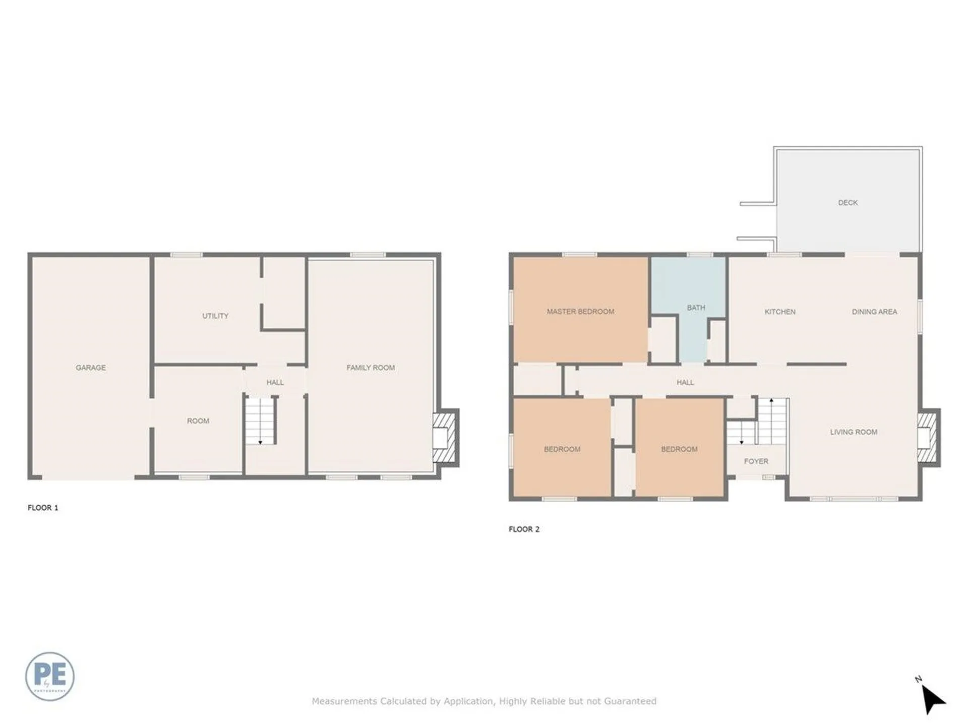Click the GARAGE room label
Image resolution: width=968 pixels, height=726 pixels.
[91, 368]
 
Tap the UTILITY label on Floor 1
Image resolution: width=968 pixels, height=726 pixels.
[215, 316]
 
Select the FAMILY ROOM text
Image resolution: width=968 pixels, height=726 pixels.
[371, 368]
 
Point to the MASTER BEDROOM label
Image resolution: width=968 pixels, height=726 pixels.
[580, 312]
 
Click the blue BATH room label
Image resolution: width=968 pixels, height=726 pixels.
[696, 308]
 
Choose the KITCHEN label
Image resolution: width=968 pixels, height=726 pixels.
[780, 312]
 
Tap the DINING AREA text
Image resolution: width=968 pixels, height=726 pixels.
[874, 312]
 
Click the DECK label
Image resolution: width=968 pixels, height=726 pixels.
[848, 203]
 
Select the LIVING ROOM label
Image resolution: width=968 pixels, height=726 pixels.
[854, 432]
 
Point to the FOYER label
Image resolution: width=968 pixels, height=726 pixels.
[756, 461]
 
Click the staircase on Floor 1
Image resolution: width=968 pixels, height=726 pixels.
[261, 420]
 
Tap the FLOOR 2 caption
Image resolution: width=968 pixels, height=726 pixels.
[524, 529]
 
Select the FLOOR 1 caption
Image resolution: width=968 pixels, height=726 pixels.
[43, 508]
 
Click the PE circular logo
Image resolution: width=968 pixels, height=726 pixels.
[50, 676]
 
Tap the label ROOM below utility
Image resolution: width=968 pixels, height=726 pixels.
[198, 421]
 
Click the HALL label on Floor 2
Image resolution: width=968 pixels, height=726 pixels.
[685, 383]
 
